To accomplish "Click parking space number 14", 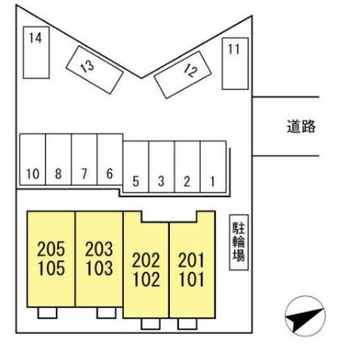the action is pyautogui.click(x=36, y=53).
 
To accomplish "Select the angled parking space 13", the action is pyautogui.click(x=95, y=70).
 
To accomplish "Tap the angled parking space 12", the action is pyautogui.click(x=182, y=74).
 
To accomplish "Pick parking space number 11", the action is pyautogui.click(x=235, y=64).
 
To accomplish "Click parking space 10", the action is pyautogui.click(x=32, y=159).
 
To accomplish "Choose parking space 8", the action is pyautogui.click(x=58, y=159).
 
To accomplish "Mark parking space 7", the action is pyautogui.click(x=84, y=159).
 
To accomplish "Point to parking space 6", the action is pyautogui.click(x=110, y=159).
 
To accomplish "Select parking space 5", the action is pyautogui.click(x=136, y=167).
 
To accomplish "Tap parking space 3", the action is pyautogui.click(x=162, y=167).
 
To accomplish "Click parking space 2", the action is pyautogui.click(x=188, y=167).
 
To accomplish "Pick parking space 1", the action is pyautogui.click(x=213, y=167).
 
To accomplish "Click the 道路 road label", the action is pyautogui.click(x=301, y=126).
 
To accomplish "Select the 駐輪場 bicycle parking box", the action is pyautogui.click(x=239, y=243).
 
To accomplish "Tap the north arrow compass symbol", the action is pyautogui.click(x=305, y=316).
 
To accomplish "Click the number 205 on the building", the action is pyautogui.click(x=51, y=249).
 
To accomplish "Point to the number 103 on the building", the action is pyautogui.click(x=99, y=268).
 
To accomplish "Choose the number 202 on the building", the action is pyautogui.click(x=146, y=260).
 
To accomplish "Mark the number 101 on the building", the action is pyautogui.click(x=192, y=279).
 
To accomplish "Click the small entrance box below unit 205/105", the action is pyautogui.click(x=47, y=313).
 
